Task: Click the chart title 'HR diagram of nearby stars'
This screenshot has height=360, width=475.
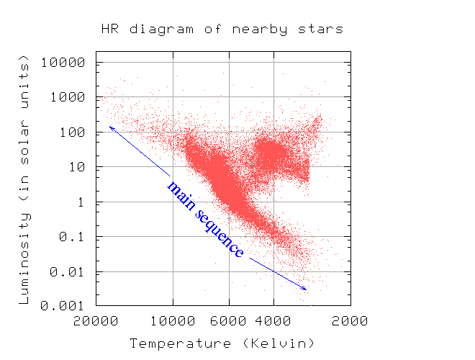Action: point(222,30)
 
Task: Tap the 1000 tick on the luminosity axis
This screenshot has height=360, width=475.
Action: point(70,97)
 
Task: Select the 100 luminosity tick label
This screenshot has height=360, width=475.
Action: point(73,132)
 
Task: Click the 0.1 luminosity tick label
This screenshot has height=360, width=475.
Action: point(73,237)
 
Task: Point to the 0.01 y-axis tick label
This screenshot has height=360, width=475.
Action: point(70,272)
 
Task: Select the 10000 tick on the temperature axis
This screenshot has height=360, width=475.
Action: point(173,321)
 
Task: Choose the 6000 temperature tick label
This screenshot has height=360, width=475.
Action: point(229,321)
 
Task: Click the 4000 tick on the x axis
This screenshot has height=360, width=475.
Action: point(273,321)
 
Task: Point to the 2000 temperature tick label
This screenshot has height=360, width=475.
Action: point(350,321)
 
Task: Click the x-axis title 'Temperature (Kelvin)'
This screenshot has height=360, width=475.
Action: point(222,343)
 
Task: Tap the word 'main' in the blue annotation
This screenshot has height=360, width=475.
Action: point(181,195)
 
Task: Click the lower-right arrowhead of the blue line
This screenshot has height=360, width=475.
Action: point(304,288)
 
